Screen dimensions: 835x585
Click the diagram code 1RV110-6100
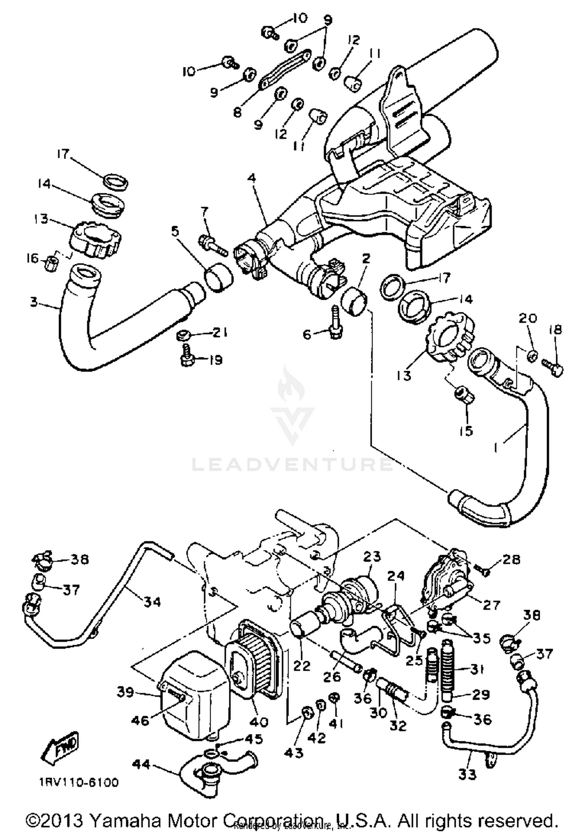(x=78, y=782)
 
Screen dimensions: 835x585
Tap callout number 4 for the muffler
(x=252, y=179)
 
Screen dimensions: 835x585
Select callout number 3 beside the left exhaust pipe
(x=34, y=302)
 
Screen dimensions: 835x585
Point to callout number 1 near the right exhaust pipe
(x=496, y=448)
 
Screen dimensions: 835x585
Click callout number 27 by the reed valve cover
(x=491, y=605)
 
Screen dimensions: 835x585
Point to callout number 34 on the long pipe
(x=152, y=602)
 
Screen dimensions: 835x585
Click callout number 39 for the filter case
(x=126, y=692)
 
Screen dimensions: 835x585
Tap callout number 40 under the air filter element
(x=259, y=722)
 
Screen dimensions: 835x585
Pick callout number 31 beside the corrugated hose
(x=477, y=669)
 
